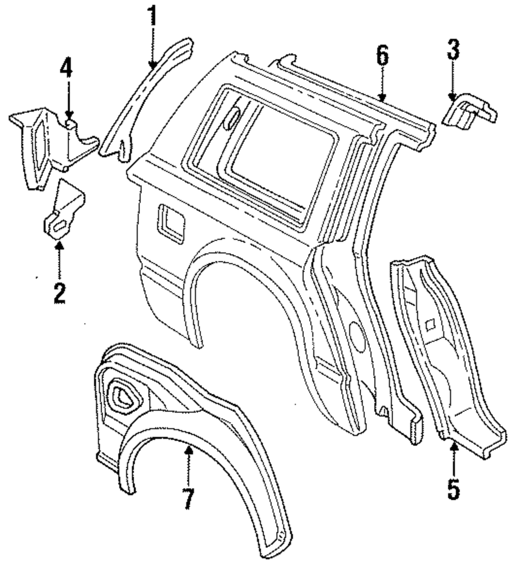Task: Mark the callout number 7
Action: coord(188,498)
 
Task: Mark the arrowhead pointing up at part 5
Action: coord(453,445)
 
